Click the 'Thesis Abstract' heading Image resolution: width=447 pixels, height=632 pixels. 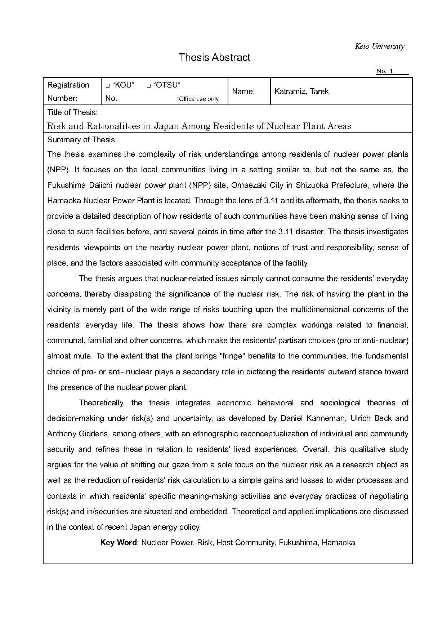pos(214,58)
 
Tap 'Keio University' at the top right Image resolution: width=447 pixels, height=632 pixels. pos(379,46)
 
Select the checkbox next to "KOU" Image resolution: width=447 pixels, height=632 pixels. pos(107,86)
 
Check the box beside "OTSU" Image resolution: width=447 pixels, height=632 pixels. pos(148,86)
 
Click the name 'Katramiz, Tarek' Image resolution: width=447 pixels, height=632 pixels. pos(301,92)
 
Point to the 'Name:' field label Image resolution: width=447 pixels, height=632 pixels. pos(243,92)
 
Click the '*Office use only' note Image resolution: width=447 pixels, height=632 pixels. pos(198,99)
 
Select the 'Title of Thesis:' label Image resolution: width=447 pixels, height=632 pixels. pos(72,112)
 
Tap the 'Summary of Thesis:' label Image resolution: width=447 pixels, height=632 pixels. pos(82,140)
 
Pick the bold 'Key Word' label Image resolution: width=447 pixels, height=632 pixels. pos(118,543)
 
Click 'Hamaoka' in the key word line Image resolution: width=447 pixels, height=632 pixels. pos(338,543)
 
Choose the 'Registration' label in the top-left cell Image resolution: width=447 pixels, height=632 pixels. pos(68,85)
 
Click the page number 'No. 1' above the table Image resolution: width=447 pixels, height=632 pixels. pos(385,71)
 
